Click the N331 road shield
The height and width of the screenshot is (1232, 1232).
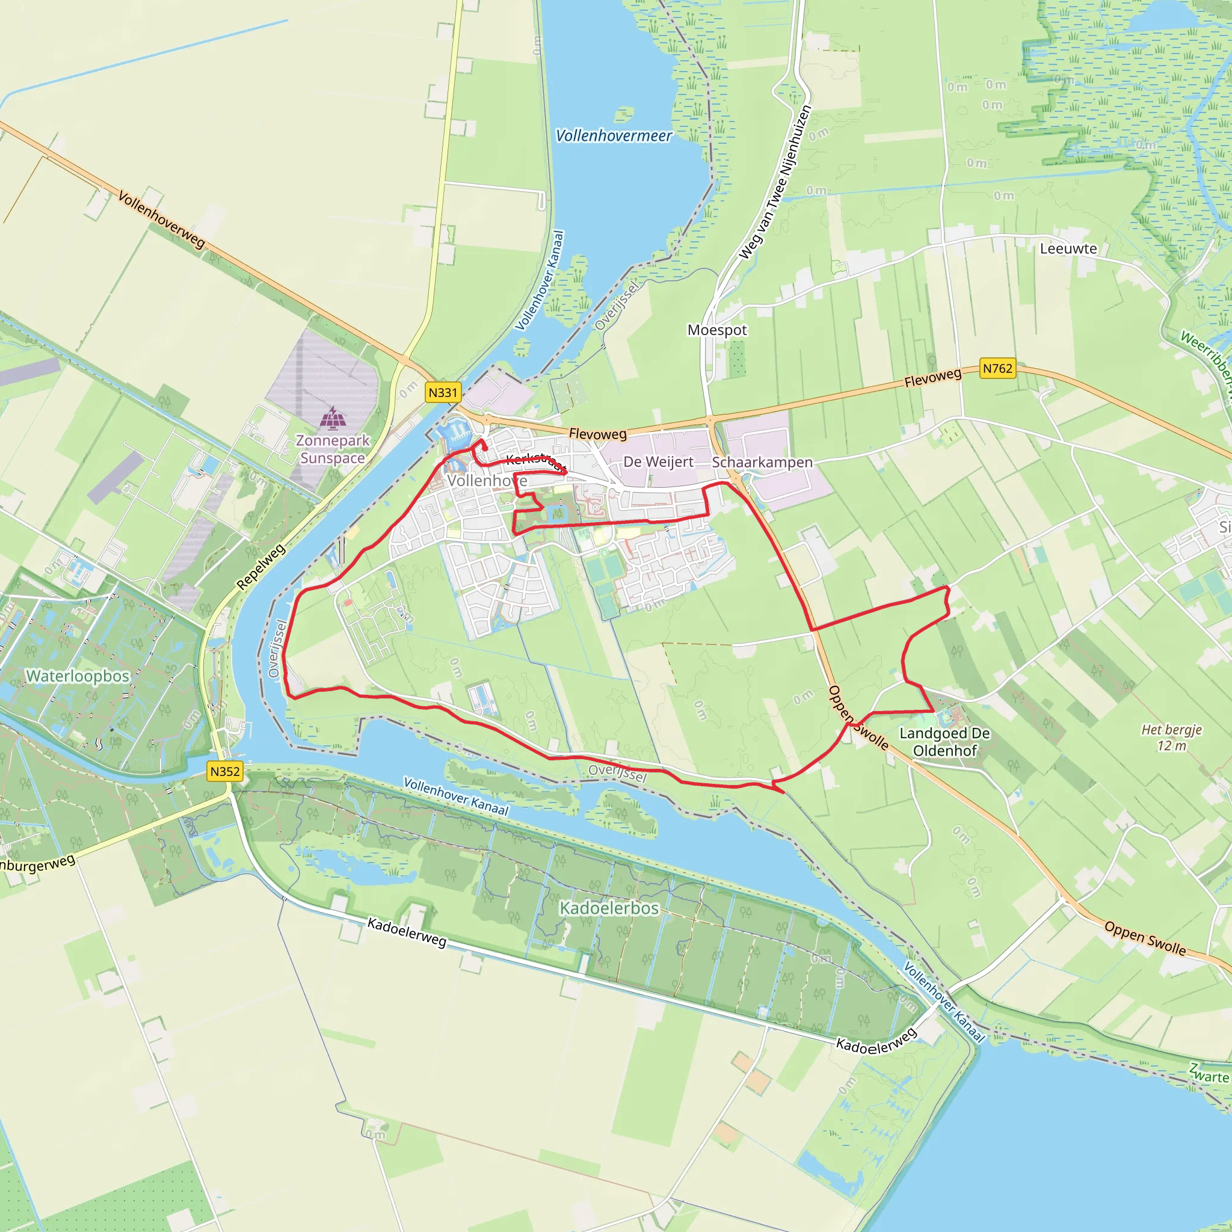(x=443, y=393)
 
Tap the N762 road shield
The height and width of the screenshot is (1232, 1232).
(x=997, y=369)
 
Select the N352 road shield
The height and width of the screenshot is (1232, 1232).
(x=225, y=772)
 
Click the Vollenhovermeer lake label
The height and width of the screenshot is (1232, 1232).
(x=614, y=136)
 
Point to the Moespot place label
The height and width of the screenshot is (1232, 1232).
(x=716, y=330)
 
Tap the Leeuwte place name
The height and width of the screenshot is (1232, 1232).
(x=1068, y=248)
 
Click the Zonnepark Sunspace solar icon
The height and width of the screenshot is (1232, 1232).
(x=333, y=418)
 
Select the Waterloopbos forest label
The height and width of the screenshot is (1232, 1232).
(x=78, y=676)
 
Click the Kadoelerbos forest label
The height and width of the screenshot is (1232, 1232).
(x=609, y=908)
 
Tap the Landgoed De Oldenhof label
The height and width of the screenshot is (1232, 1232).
(x=944, y=742)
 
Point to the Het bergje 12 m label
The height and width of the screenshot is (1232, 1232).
(x=1171, y=738)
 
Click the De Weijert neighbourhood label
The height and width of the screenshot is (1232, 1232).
(x=658, y=461)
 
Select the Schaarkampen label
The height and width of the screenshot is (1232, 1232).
(x=762, y=463)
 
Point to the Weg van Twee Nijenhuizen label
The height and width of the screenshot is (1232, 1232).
(x=775, y=183)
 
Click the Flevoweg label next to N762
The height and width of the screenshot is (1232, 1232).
(x=932, y=378)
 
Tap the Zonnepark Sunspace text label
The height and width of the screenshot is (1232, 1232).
(x=333, y=449)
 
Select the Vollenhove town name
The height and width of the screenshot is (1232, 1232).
(x=487, y=481)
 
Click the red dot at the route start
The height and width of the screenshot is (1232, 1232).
(x=485, y=448)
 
